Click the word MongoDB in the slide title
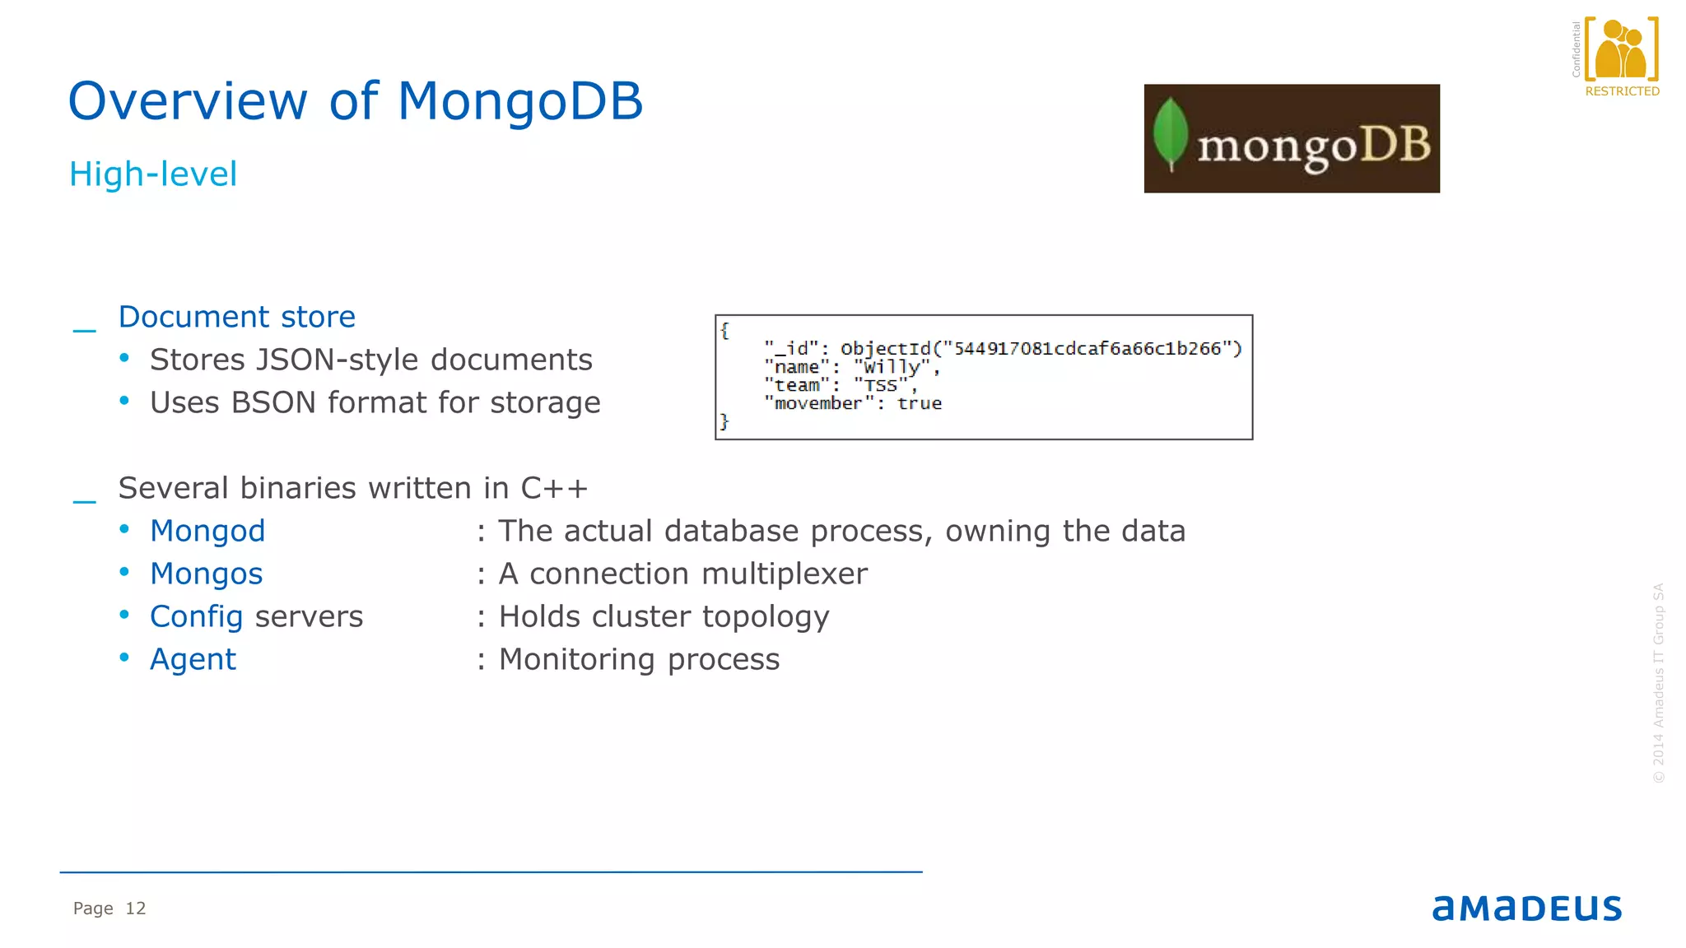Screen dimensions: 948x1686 (x=519, y=101)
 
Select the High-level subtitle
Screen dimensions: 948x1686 (x=153, y=174)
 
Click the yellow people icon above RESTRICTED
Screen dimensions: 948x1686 (x=1620, y=50)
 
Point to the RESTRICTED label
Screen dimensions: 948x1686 (x=1622, y=91)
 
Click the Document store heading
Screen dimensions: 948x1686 (x=237, y=317)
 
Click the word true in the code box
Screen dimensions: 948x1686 (x=919, y=403)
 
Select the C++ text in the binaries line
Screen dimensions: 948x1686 (x=554, y=488)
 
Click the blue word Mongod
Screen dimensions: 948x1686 (x=207, y=531)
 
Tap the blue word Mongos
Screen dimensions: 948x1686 (x=206, y=574)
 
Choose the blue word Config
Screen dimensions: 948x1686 (x=196, y=616)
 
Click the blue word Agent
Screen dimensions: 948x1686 (x=193, y=659)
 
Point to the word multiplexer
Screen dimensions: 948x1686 (x=780, y=574)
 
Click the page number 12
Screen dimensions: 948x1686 (x=135, y=908)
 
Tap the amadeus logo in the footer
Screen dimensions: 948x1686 (x=1526, y=908)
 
